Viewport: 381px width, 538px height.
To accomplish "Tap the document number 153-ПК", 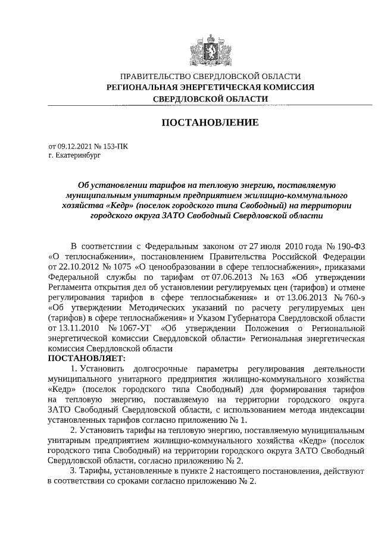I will [x=113, y=145].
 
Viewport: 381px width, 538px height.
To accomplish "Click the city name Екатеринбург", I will [x=79, y=155].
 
